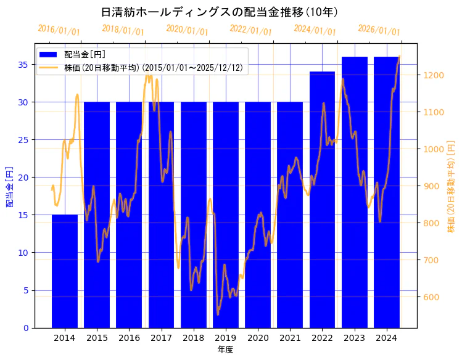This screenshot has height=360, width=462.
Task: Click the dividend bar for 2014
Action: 65,271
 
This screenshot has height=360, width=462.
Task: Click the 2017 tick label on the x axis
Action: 161,338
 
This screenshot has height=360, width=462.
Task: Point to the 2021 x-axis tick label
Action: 290,338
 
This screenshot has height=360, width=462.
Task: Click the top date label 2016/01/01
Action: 59,30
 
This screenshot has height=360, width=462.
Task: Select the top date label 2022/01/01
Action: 250,30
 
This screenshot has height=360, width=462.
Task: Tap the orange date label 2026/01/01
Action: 379,30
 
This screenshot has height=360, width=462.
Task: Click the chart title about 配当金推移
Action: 219,12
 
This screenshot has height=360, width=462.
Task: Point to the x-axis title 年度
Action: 225,350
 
